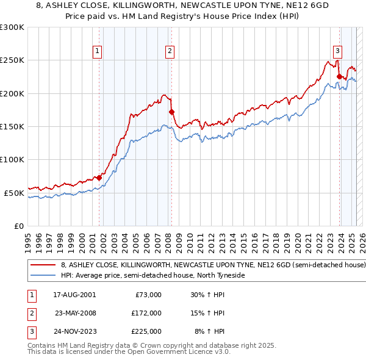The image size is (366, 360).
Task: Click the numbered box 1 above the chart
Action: tap(98, 51)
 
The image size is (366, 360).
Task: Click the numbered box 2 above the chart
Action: tap(170, 51)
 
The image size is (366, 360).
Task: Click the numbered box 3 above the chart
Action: tap(337, 51)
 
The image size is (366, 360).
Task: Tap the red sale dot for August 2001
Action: tap(99, 178)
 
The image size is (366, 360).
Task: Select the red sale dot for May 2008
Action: tap(171, 112)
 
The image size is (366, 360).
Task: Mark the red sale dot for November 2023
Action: tap(339, 77)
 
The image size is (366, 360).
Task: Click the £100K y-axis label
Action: tap(12, 160)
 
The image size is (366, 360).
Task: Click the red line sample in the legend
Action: tap(43, 265)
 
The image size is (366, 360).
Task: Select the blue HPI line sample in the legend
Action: tap(43, 275)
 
